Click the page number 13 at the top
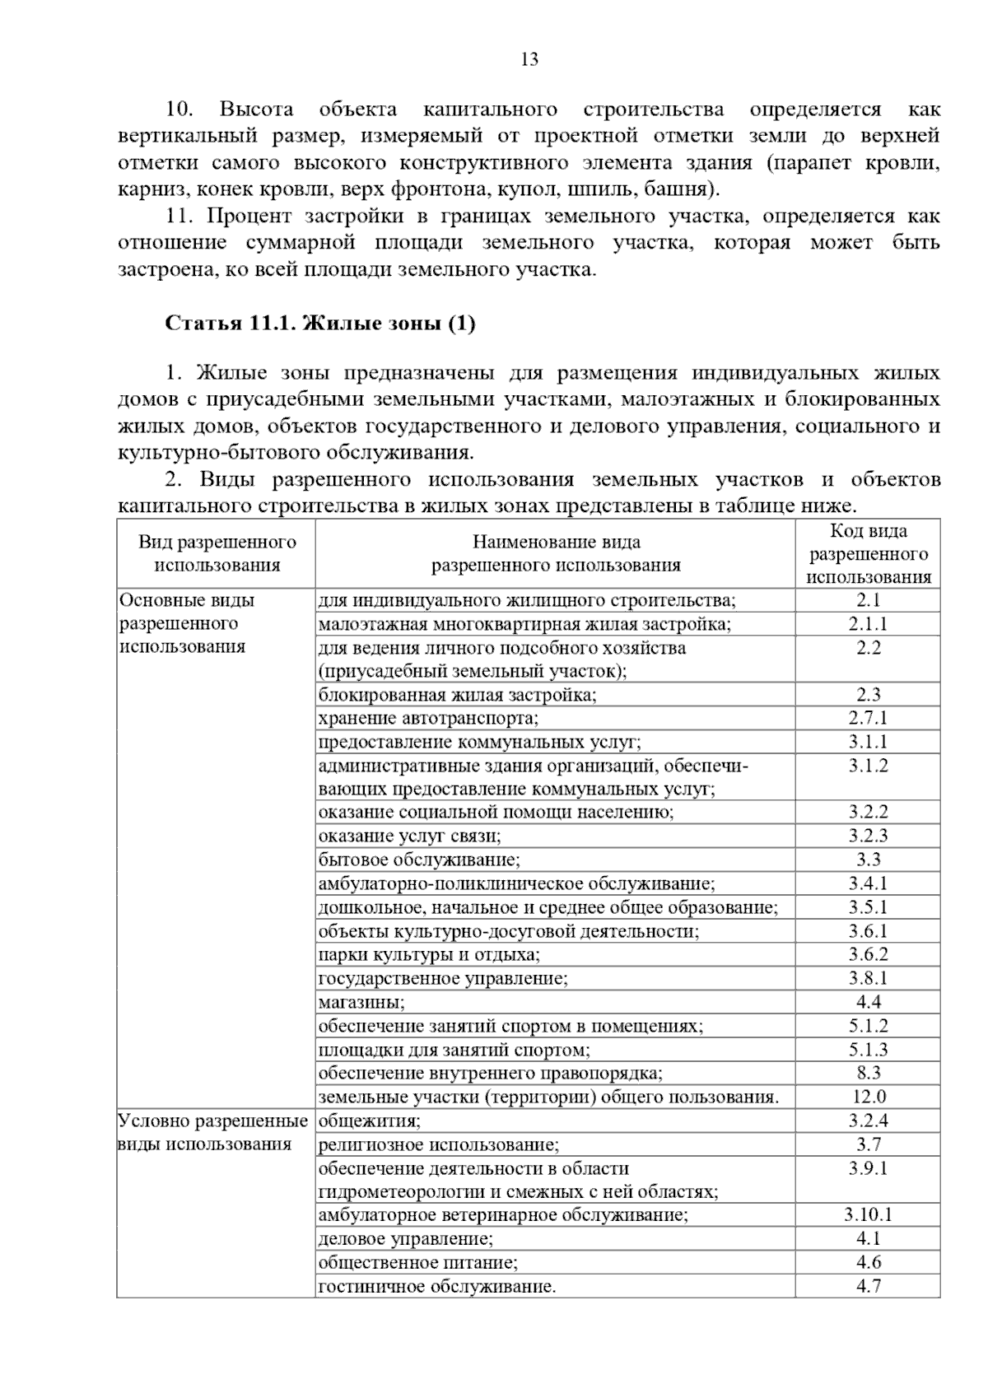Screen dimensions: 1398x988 tap(529, 59)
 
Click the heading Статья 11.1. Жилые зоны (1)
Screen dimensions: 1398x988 tap(320, 323)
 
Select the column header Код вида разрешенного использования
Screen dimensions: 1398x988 tap(868, 554)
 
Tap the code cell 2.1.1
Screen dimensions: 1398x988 tap(868, 624)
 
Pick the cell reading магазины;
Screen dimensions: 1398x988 tap(361, 1002)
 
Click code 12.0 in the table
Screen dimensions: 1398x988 tap(868, 1097)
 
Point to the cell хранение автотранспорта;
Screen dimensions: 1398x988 tap(428, 718)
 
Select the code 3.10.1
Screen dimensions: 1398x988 tap(868, 1214)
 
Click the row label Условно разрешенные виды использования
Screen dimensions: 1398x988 tap(213, 1132)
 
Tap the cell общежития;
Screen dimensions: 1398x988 tap(370, 1121)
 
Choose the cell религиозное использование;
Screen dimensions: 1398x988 tap(439, 1144)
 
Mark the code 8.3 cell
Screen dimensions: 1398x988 tap(868, 1073)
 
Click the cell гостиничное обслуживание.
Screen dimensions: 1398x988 tap(437, 1286)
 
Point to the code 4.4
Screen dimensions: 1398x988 tap(868, 1002)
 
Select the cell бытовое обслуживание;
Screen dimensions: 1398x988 tap(419, 860)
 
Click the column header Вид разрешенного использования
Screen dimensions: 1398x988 tap(217, 554)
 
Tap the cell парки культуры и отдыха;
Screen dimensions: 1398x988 tap(429, 955)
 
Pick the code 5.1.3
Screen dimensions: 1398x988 tap(868, 1050)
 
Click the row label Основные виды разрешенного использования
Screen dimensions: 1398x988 tap(188, 623)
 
